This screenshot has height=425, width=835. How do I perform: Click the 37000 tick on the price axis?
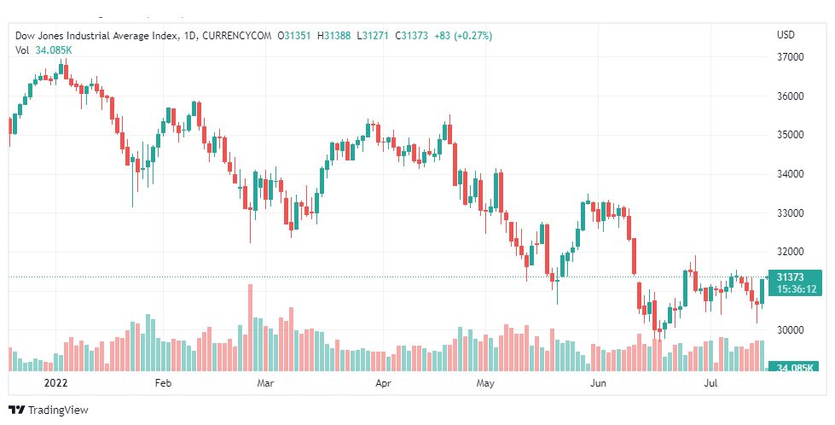[x=792, y=57]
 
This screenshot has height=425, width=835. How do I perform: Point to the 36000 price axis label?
[x=792, y=96]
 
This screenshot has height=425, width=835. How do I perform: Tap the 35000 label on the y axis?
[x=792, y=135]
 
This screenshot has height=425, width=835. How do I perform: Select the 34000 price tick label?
[x=792, y=174]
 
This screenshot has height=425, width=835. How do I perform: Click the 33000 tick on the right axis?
[x=792, y=212]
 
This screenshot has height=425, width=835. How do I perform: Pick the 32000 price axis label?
[x=792, y=252]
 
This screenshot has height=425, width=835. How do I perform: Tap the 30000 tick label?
[x=792, y=329]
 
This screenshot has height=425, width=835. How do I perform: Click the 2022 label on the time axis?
[x=55, y=384]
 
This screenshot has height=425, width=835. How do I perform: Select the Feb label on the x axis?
[x=164, y=384]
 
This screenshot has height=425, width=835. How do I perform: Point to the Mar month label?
[x=265, y=384]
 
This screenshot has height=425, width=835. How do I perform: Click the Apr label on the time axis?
[x=383, y=384]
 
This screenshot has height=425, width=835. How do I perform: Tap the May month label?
[x=486, y=384]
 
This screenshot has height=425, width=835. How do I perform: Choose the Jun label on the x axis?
[x=598, y=384]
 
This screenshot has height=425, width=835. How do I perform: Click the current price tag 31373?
[x=797, y=277]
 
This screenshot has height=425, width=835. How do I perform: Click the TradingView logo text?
[x=57, y=410]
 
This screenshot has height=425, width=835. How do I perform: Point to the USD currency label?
[x=786, y=35]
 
